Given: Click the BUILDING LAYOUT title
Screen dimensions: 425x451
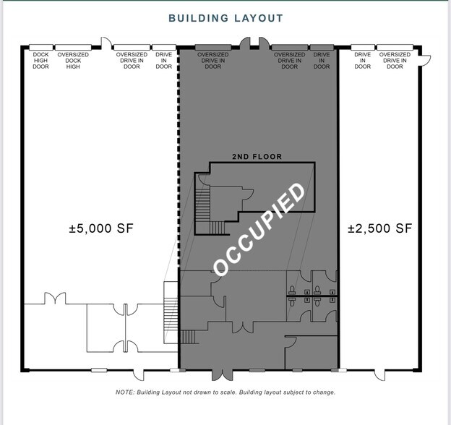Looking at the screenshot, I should coord(225,17).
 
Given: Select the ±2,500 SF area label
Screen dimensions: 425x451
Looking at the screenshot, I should coord(379,228).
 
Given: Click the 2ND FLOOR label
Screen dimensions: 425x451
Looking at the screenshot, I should coord(257,156).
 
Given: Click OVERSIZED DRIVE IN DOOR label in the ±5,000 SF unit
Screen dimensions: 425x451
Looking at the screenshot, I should coord(132,61).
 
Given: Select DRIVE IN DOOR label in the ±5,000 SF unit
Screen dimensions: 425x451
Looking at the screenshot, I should coord(164,61).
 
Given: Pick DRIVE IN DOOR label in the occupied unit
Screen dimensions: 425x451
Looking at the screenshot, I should coord(322,61).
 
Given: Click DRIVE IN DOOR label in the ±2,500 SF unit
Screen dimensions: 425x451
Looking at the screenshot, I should coord(363,61).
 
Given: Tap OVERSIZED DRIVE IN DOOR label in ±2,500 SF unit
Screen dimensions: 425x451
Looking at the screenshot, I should coord(395,61).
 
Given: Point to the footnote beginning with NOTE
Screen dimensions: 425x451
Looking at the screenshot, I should coord(225,392).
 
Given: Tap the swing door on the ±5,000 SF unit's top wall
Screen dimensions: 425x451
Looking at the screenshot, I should coord(106,43).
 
